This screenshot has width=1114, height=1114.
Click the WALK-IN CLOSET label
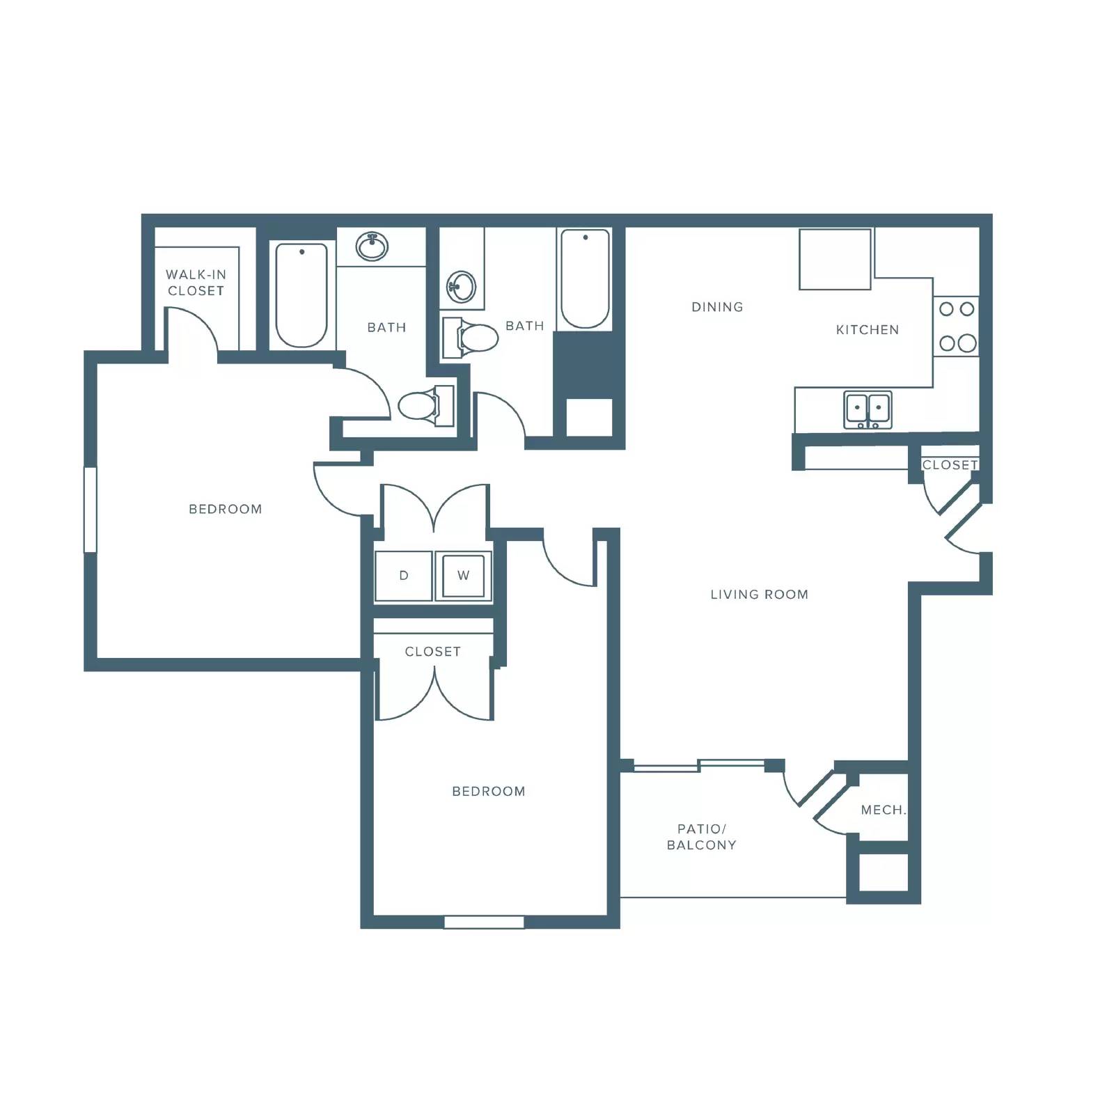pos(196,283)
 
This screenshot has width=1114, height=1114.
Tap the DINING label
pos(717,307)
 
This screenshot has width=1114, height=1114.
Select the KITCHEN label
pos(867,330)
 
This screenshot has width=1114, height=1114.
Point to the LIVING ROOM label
pos(759,595)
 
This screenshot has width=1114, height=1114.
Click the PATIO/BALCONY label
pos(701,837)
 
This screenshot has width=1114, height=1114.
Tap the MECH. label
pos(883,810)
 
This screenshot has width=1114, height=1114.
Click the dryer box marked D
pos(403,576)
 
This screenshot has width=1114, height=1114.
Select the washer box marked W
pos(463,576)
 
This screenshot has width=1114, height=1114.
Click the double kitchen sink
pos(868,409)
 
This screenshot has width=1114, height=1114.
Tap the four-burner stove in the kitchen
pos(957,326)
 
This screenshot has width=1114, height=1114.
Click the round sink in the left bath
pos(372,246)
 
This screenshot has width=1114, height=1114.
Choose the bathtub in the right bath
pos(585,279)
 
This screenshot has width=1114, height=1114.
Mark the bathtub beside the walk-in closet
pos(301,295)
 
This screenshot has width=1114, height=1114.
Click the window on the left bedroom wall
pos(90,510)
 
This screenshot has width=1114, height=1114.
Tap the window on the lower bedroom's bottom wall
pos(484,922)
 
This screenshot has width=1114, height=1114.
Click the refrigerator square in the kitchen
pos(835,259)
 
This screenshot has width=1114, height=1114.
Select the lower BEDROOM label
pos(489,792)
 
